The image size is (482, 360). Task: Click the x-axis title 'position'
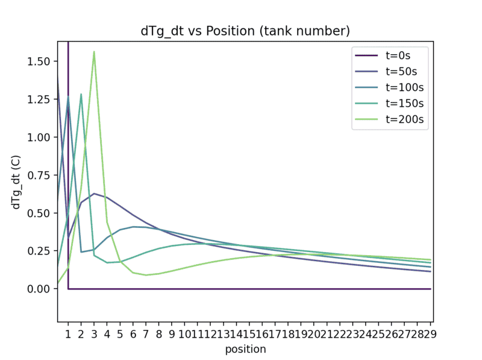tap(245, 349)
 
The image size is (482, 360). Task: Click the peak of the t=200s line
tap(94, 52)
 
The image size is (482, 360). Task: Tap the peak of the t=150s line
tap(81, 94)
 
